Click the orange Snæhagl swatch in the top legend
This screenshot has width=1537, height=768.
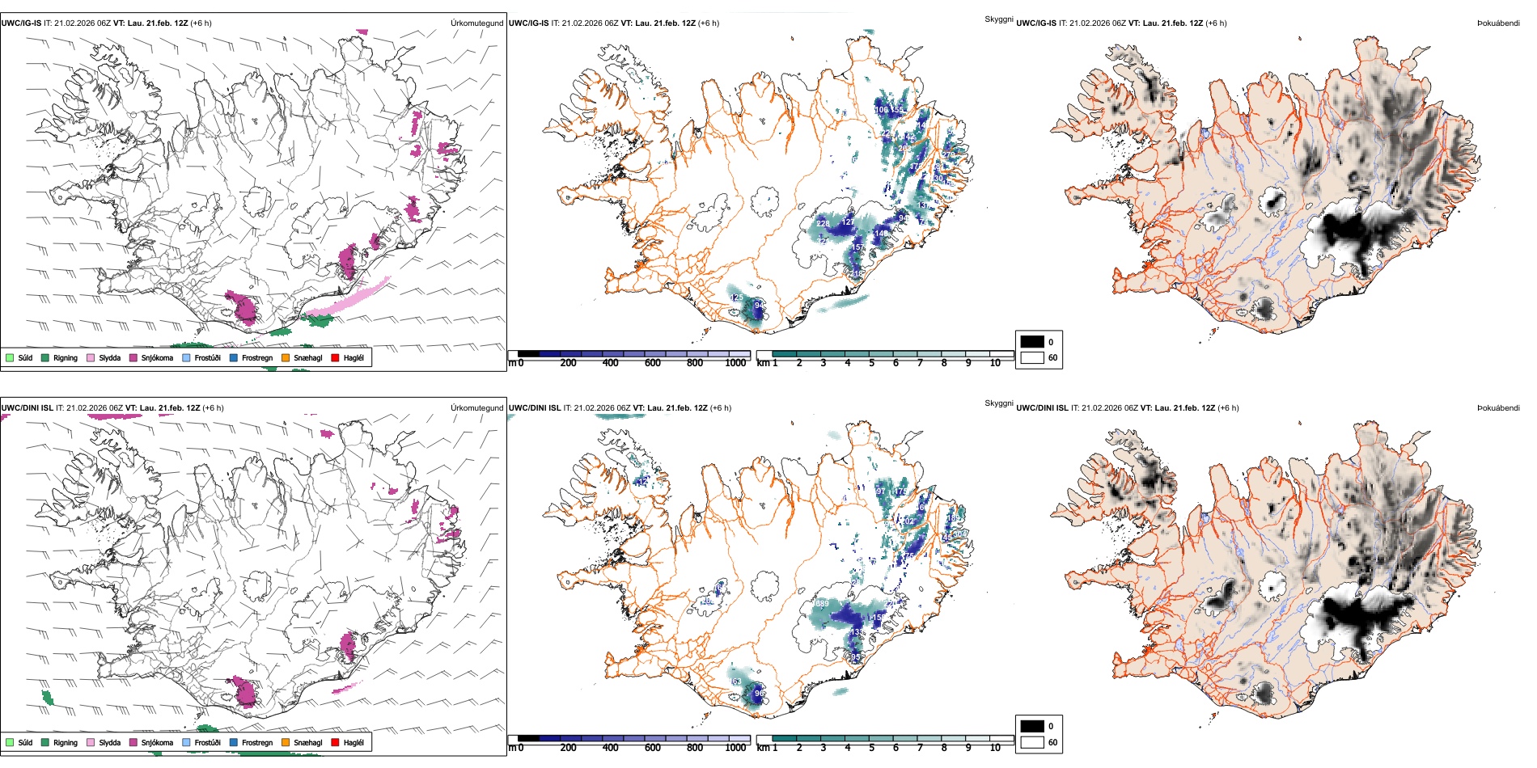tap(286, 357)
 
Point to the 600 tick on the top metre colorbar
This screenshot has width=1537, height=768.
tap(653, 363)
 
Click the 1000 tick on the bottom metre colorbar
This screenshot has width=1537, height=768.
tap(735, 748)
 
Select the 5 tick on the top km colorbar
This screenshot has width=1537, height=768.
tap(871, 363)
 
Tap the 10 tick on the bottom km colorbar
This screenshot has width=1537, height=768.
tap(995, 748)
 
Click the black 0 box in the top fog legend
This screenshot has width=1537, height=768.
tap(1032, 342)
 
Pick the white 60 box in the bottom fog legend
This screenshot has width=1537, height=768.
tap(1032, 742)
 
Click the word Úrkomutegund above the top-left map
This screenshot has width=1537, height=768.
tap(476, 23)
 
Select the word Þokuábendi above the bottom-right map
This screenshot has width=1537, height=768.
tap(1498, 407)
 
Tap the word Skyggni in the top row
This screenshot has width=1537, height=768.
tap(998, 19)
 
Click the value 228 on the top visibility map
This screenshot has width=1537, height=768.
tap(823, 224)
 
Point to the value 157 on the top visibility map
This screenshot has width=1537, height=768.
tap(858, 247)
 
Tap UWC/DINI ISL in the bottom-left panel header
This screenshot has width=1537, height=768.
tap(27, 407)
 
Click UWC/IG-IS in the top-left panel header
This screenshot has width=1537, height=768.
tap(21, 23)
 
